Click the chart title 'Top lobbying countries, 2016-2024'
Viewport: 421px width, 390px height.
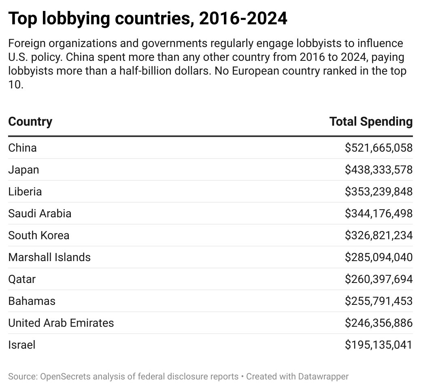coord(148,19)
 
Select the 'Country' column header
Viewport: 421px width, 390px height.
coord(30,121)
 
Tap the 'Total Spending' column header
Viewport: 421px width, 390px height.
coord(371,121)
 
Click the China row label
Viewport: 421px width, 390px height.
coord(22,148)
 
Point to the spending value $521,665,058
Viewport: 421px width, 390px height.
coord(378,148)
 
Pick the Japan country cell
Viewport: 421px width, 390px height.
coord(23,170)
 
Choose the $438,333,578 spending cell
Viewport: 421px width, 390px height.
coord(378,170)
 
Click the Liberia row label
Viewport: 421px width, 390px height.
coord(25,192)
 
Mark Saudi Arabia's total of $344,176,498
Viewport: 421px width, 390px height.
coord(378,214)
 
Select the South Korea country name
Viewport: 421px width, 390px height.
coord(38,236)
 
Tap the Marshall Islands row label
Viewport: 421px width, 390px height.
coord(49,257)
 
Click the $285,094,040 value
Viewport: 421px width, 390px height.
coord(378,257)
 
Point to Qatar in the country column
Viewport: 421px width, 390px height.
coord(22,279)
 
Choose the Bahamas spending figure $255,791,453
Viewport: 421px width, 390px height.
coord(378,301)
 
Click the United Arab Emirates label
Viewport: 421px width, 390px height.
coord(61,323)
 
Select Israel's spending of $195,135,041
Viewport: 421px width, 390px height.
coord(378,345)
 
